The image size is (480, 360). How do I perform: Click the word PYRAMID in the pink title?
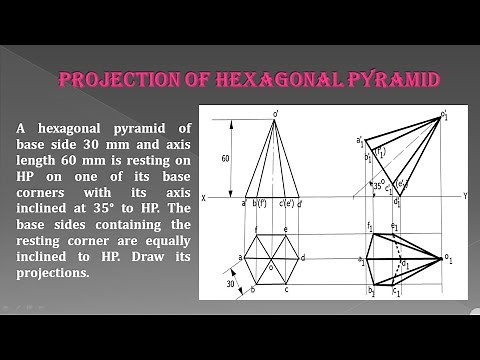385,79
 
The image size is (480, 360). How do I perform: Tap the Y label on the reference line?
465,197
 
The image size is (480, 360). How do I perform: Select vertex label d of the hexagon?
303,257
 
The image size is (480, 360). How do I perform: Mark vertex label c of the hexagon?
286,290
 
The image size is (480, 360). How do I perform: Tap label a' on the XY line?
244,203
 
